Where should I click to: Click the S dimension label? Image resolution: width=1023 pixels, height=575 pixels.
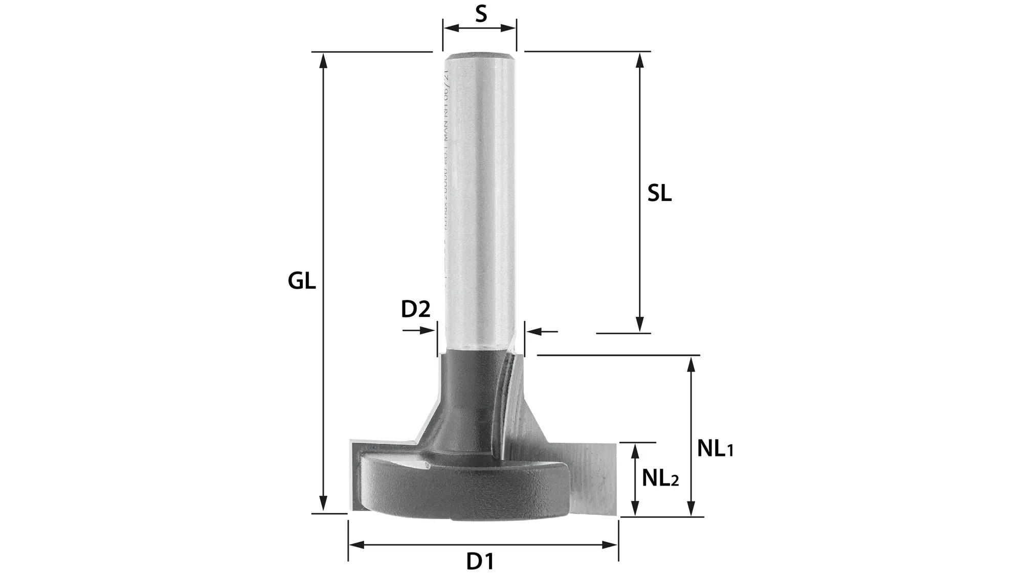click(x=480, y=14)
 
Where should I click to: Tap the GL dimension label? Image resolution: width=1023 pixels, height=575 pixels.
click(x=301, y=281)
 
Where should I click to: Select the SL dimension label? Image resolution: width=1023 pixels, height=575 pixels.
click(x=659, y=193)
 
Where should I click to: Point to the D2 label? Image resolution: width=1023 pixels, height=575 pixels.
click(x=415, y=309)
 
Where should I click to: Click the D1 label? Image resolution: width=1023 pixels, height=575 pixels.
click(x=480, y=562)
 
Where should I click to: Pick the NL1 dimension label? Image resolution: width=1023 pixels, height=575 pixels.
click(x=715, y=449)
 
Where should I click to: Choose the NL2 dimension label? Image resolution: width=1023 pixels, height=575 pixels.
click(x=660, y=478)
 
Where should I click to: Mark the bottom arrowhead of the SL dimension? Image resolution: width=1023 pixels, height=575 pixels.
click(x=639, y=325)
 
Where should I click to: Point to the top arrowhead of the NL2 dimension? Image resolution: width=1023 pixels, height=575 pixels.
click(x=635, y=450)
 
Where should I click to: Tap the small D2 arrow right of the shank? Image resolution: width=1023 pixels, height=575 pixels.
click(x=534, y=332)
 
